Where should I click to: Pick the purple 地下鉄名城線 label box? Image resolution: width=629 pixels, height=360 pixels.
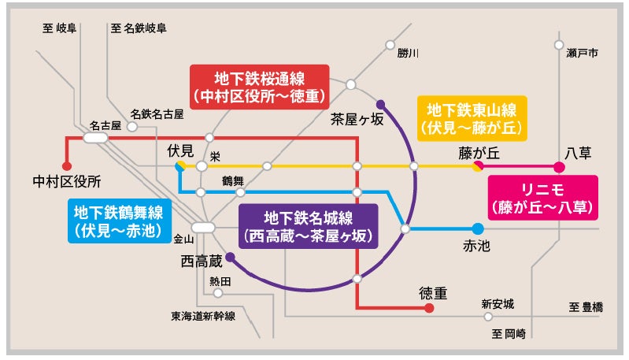pos(308,225)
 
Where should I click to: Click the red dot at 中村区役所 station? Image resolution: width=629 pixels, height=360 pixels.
pos(67,166)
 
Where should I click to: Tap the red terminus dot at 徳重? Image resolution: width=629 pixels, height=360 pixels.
pos(429,309)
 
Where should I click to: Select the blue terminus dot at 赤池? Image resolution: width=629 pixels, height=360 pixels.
pos(478,229)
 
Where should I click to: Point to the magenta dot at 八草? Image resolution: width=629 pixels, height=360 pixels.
pos(560,166)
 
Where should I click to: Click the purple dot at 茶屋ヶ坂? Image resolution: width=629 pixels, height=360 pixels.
pos(380,103)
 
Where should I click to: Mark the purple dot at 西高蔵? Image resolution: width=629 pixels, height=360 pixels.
pos(230,257)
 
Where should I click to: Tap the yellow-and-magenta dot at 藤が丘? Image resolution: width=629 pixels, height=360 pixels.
pos(478,166)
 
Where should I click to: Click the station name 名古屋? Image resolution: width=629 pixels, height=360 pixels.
pos(105,125)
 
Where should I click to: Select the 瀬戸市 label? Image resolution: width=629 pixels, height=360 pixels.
pos(583,54)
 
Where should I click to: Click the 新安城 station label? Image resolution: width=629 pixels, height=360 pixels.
pos(498,303)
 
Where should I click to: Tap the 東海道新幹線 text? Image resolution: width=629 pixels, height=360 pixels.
pos(203,316)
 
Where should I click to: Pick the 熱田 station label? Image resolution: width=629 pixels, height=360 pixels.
pos(220,281)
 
